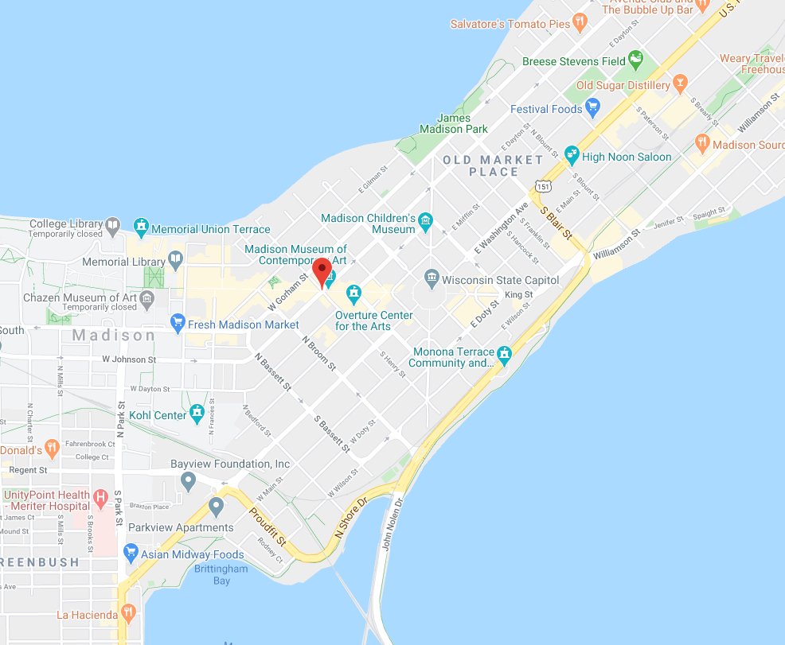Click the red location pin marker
pos(322,271)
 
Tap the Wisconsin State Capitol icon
pos(432,279)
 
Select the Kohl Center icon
pos(197,414)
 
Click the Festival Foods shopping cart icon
pos(592,107)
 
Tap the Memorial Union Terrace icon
pos(141,228)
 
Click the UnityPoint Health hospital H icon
pos(101,499)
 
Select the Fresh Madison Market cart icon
pos(178,324)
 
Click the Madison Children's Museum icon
pos(426,222)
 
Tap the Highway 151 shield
pos(542,185)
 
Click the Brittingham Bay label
pos(221,574)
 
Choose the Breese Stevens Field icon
pos(635,58)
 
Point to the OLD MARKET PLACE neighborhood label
pos(493,165)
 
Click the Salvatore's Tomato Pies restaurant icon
pos(581,21)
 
